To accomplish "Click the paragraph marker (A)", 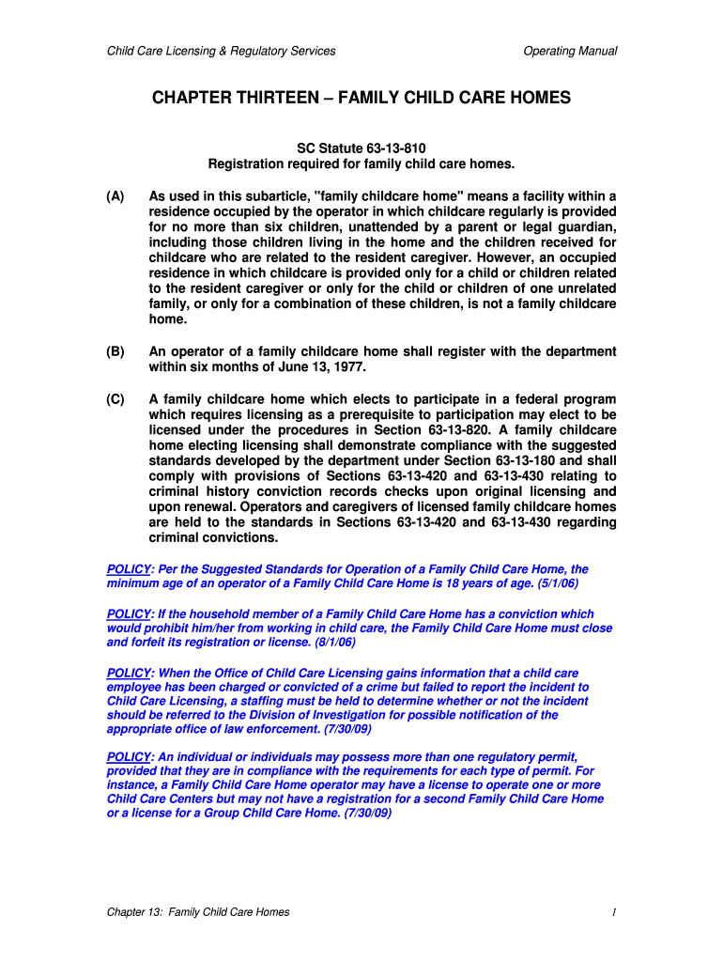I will pyautogui.click(x=115, y=196).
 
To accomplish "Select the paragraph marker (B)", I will pyautogui.click(x=115, y=351).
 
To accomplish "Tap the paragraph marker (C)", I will pyautogui.click(x=115, y=399).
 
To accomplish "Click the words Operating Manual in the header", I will pyautogui.click(x=570, y=51).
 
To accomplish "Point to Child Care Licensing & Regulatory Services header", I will pyautogui.click(x=221, y=51).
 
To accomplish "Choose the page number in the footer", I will pyautogui.click(x=612, y=912).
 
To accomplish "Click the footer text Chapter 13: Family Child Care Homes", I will pyautogui.click(x=198, y=912).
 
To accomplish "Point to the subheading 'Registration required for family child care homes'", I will pyautogui.click(x=361, y=164).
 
